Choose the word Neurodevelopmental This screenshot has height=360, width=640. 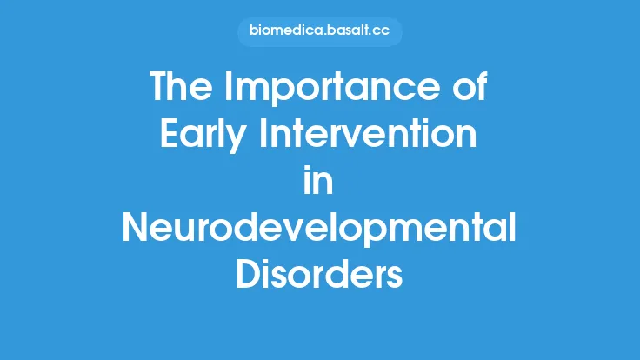pyautogui.click(x=320, y=229)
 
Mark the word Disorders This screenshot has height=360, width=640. pyautogui.click(x=320, y=276)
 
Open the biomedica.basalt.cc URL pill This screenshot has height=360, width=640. pyautogui.click(x=320, y=32)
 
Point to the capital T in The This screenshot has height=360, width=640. pyautogui.click(x=160, y=88)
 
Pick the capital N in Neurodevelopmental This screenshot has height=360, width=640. pyautogui.click(x=137, y=229)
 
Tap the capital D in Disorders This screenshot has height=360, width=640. pyautogui.click(x=250, y=276)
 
